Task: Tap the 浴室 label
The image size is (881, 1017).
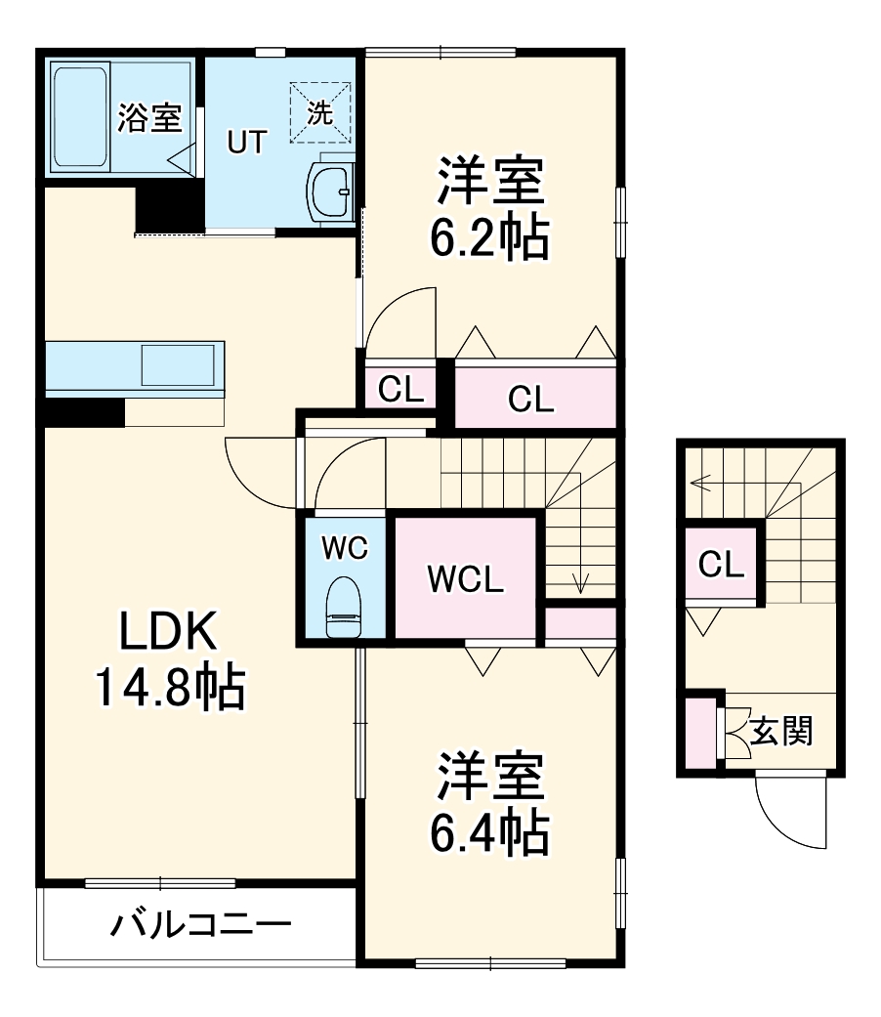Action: tap(149, 118)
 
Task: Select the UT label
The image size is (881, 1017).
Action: tap(246, 143)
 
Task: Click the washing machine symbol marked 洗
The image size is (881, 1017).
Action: tap(320, 112)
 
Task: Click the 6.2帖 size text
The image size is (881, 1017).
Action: tap(489, 238)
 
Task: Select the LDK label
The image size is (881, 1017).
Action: tap(167, 634)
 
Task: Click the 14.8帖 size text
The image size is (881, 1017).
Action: tap(168, 688)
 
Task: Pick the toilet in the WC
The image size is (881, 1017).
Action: tap(343, 607)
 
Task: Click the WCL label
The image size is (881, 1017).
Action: tap(466, 580)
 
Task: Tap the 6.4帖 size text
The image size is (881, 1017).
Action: tap(489, 831)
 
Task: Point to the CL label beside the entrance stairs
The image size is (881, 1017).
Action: tap(722, 564)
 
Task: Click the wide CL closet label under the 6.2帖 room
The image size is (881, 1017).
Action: tap(531, 399)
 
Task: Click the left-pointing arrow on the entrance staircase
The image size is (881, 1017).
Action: tap(699, 482)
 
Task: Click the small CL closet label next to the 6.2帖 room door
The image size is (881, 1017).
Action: tap(401, 390)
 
